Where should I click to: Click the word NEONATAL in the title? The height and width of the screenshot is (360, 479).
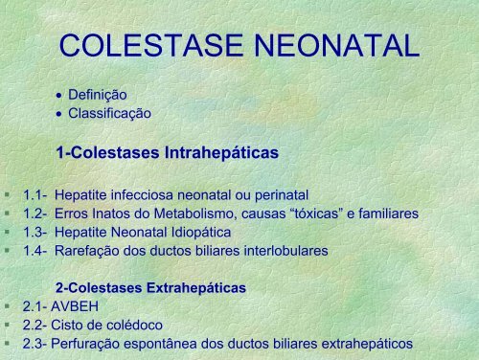331,45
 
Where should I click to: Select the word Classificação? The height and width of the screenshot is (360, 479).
109,112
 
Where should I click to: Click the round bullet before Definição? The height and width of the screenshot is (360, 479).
60,96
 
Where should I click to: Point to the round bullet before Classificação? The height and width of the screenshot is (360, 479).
60,113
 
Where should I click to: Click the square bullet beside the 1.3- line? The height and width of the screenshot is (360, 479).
7,233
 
